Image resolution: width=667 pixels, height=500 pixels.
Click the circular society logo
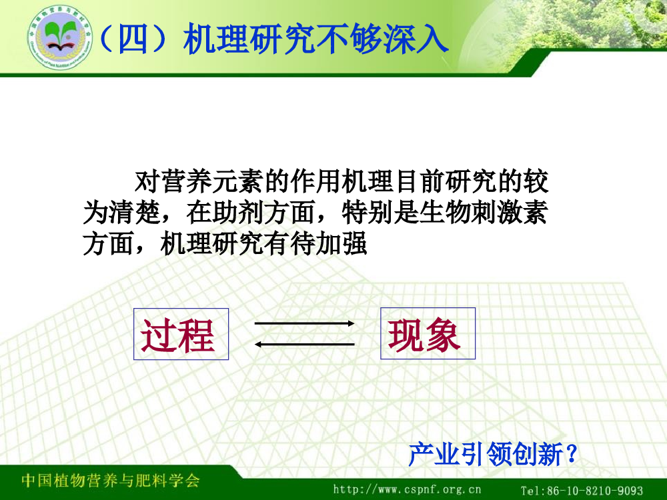60,38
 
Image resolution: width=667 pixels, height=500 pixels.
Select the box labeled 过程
181,334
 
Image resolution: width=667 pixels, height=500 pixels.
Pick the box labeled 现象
428,333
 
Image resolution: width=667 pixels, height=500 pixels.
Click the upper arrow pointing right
305,323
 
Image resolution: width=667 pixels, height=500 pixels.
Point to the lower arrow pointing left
305,345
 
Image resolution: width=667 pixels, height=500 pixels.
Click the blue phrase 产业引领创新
486,453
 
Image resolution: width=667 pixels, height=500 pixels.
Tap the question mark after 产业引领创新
572,453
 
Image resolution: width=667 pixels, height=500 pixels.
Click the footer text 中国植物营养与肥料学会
111,481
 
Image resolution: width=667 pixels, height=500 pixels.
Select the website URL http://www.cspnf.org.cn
407,490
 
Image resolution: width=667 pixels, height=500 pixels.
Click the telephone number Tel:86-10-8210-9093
582,491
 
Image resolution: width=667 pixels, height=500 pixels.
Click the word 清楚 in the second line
135,213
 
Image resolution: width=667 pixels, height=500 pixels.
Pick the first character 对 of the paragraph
147,181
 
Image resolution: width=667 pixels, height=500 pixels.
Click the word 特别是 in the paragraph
380,213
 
